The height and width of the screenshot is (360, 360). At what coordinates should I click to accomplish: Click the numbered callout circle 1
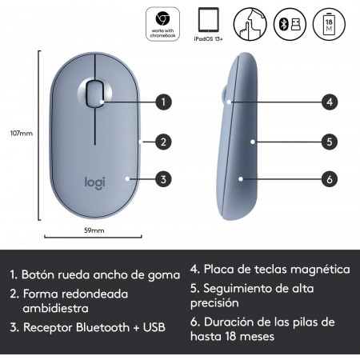[163, 102]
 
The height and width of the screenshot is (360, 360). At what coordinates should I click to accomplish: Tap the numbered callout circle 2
[163, 142]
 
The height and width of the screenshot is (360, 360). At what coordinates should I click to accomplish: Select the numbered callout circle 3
[163, 179]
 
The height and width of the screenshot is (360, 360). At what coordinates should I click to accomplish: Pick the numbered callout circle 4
[330, 102]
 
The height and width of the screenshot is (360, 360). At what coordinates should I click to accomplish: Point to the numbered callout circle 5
[330, 142]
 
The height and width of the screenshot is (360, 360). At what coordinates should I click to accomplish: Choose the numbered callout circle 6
[330, 179]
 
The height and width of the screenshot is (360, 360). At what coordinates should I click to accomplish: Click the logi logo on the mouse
[95, 183]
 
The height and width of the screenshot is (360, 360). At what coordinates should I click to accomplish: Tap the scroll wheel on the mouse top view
[95, 94]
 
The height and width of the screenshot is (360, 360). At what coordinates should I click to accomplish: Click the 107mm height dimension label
[22, 133]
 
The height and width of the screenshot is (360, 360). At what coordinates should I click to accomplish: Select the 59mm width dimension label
[94, 230]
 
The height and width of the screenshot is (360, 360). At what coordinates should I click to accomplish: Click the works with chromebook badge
[162, 24]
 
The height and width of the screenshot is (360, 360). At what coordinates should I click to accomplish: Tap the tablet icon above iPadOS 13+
[209, 20]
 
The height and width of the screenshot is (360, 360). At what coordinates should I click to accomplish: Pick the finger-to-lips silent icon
[250, 24]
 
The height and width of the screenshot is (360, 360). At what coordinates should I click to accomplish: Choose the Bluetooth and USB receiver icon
[290, 24]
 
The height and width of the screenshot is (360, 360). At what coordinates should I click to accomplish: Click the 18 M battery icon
[329, 24]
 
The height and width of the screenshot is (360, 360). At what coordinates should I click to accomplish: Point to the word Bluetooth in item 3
[102, 327]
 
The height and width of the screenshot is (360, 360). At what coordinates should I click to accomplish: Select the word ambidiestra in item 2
[55, 308]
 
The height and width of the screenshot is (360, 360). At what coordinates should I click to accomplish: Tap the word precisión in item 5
[214, 303]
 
